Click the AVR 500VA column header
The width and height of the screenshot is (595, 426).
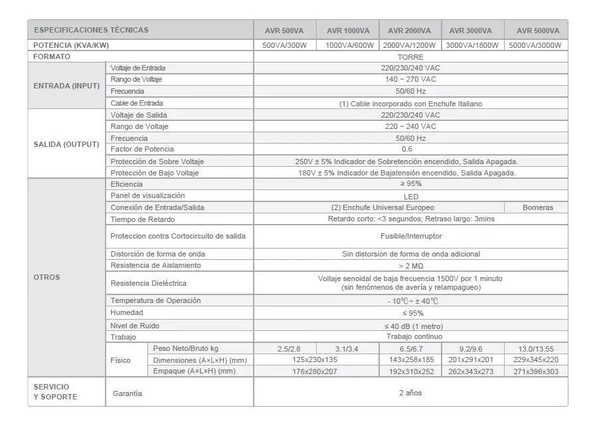(285, 31)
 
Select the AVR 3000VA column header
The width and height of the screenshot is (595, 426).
(471, 31)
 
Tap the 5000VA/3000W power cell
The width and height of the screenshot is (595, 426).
(535, 45)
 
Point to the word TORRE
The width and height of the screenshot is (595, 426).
(410, 57)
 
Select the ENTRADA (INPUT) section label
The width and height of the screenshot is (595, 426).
(66, 86)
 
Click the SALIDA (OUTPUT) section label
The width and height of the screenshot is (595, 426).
(66, 144)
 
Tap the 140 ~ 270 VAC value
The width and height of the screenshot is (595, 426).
(410, 80)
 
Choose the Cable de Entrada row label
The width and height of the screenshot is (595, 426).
(137, 103)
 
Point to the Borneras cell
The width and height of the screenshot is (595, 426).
(537, 207)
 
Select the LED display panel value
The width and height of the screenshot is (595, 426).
(410, 196)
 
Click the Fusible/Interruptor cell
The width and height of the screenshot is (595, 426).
(410, 236)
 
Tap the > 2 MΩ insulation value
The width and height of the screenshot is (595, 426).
(410, 266)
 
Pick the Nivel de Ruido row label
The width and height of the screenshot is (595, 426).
(135, 326)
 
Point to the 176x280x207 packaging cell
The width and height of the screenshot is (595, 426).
(285, 372)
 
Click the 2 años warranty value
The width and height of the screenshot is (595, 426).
(410, 393)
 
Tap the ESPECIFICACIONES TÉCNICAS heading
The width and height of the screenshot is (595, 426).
(91, 30)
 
